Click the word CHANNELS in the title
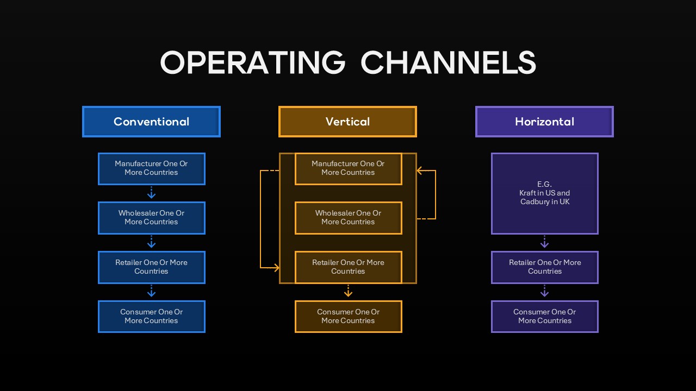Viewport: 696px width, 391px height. click(x=448, y=62)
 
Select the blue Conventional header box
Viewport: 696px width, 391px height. click(x=151, y=122)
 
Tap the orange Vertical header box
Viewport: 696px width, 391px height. click(x=347, y=122)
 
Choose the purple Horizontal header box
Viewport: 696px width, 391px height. click(x=544, y=122)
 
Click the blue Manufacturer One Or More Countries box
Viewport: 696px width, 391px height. click(x=151, y=168)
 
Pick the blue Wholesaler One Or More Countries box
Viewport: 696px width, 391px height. click(x=151, y=218)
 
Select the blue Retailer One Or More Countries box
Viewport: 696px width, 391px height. click(x=151, y=267)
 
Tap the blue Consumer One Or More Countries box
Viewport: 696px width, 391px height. click(x=151, y=317)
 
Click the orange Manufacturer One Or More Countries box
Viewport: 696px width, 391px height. click(x=348, y=168)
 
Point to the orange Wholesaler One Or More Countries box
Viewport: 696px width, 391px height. click(x=348, y=218)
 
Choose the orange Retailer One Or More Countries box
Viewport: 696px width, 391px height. click(x=348, y=267)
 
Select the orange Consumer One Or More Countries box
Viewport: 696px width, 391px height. click(x=348, y=317)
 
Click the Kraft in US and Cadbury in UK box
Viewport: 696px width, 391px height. click(x=544, y=193)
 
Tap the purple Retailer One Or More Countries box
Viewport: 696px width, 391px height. click(x=544, y=267)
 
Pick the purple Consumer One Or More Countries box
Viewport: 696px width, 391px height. click(x=544, y=317)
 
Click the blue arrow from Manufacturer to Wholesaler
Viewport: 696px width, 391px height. click(x=152, y=193)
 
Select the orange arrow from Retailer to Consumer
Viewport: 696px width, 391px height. click(x=348, y=292)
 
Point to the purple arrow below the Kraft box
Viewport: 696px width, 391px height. click(x=544, y=242)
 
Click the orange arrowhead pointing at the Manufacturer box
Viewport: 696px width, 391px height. click(x=420, y=171)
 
